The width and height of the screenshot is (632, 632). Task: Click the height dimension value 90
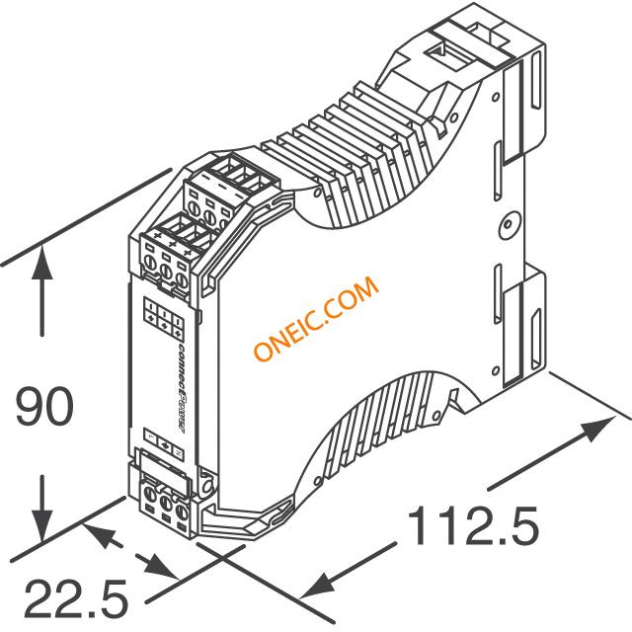click(x=43, y=408)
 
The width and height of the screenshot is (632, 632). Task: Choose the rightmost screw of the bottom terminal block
click(x=183, y=509)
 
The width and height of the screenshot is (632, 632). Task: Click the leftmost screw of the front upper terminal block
click(x=151, y=264)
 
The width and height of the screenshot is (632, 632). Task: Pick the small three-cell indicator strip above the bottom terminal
click(x=163, y=445)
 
